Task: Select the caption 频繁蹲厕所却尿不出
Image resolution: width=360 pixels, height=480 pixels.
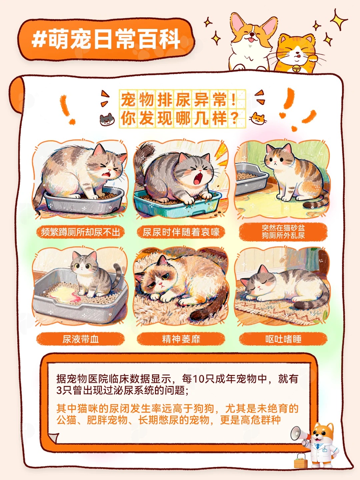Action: pyautogui.click(x=80, y=232)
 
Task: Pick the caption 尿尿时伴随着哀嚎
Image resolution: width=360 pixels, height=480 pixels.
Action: pyautogui.click(x=181, y=232)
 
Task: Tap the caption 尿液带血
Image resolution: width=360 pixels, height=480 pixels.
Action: pyautogui.click(x=80, y=339)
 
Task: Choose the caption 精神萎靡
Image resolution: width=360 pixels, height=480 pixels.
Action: pyautogui.click(x=181, y=339)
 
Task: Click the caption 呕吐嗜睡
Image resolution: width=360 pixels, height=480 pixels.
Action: pyautogui.click(x=283, y=339)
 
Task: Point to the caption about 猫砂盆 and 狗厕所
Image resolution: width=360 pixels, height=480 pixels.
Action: pyautogui.click(x=283, y=232)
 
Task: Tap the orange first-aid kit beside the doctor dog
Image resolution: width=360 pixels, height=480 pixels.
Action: pyautogui.click(x=301, y=461)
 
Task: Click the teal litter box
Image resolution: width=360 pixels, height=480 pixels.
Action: pyautogui.click(x=177, y=203)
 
